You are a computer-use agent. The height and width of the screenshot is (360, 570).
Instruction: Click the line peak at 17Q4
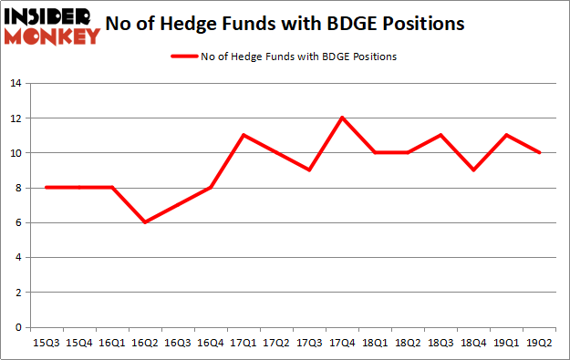341,118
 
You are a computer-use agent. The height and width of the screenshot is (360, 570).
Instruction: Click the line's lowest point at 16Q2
144,222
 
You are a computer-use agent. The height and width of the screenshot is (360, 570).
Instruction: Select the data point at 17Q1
243,135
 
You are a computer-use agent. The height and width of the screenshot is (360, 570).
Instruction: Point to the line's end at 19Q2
539,152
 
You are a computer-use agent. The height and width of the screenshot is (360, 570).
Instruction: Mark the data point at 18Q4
472,170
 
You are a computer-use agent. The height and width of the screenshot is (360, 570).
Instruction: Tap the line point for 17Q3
308,170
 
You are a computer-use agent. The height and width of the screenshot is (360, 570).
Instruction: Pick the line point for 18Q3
440,135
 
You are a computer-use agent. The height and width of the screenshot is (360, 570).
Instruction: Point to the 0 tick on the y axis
17,327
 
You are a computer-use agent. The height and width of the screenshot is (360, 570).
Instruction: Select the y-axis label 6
17,222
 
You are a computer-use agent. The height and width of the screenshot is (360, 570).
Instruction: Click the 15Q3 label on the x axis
46,344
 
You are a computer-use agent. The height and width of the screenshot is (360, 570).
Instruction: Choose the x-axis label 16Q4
210,344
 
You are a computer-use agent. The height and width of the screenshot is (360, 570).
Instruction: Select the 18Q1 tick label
374,344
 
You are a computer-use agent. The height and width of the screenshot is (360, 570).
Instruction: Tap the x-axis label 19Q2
539,344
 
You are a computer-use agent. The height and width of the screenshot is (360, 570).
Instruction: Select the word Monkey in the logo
55,36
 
